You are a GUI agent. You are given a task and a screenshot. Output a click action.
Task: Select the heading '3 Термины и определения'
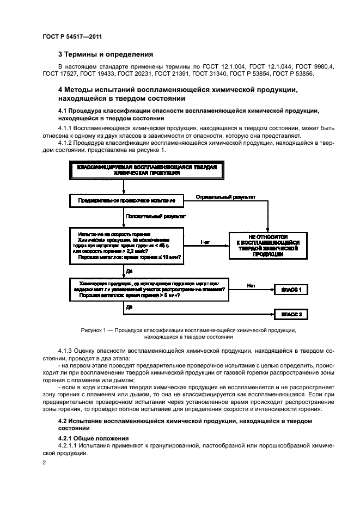click(x=106, y=54)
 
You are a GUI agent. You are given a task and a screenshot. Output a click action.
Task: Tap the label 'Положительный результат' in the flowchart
click(x=156, y=216)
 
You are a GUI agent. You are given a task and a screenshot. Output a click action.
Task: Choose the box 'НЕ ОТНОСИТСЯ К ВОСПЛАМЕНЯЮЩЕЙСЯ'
click(x=267, y=246)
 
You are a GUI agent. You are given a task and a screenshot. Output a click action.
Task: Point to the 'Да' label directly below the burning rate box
click(x=129, y=270)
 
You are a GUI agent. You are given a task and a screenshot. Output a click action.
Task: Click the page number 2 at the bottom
click(x=45, y=462)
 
